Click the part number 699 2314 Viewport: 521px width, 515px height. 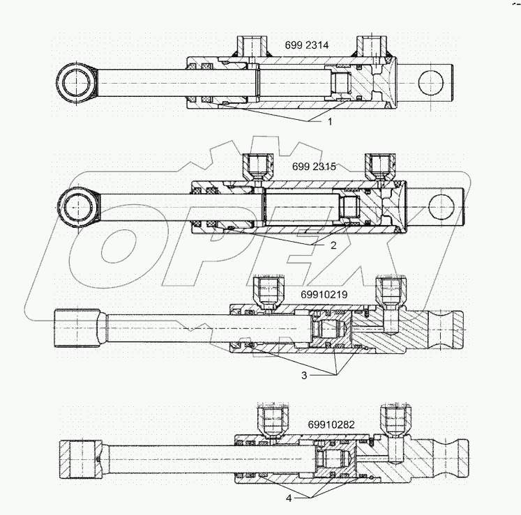click(307, 46)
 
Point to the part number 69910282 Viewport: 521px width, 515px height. click(330, 424)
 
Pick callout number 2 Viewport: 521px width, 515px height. click(333, 245)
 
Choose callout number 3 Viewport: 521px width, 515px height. click(303, 375)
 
